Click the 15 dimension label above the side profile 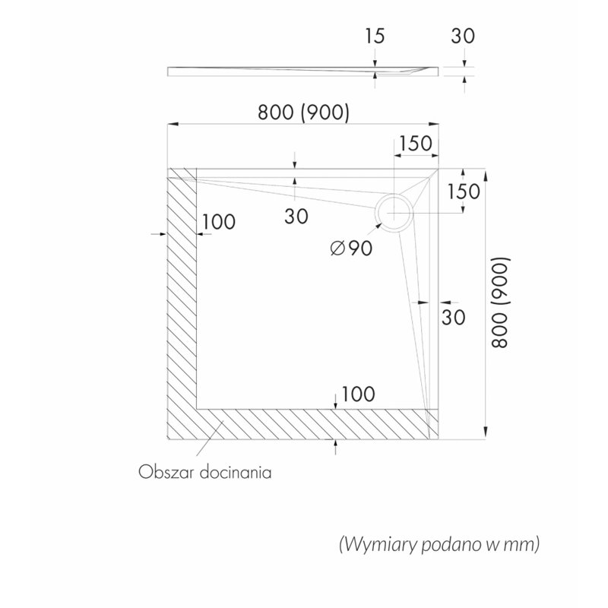coord(375,36)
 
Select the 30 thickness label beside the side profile coord(463,36)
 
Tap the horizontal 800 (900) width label coord(303,112)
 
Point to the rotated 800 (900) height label coord(499,302)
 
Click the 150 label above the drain coord(415,144)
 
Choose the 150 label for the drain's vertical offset coord(464,192)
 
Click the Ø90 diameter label coord(351,249)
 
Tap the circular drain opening coord(394,213)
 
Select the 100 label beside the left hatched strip coord(219,222)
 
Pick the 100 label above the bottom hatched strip coord(358,394)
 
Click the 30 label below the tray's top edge coord(296,216)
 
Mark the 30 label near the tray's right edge coord(453,317)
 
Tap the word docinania coord(236,472)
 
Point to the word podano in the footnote coord(451,545)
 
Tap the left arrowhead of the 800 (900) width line coord(173,124)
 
